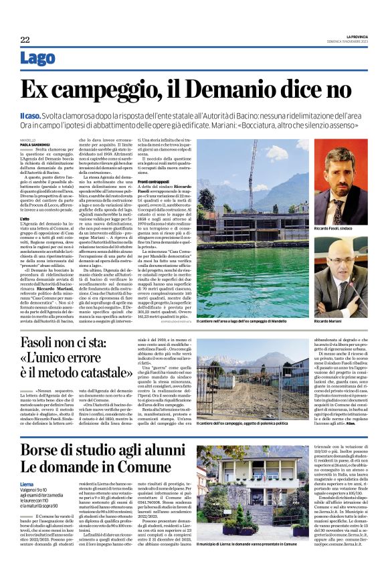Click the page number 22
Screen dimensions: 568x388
[25, 39]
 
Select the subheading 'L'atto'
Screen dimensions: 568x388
[25, 218]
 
